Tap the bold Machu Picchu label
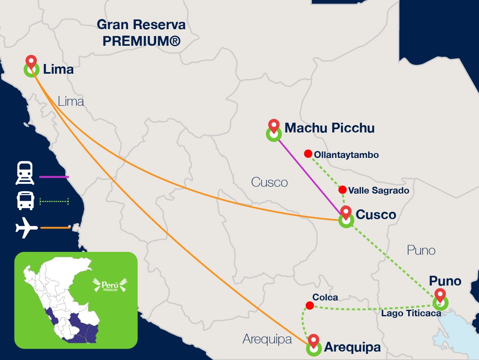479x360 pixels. point(329,128)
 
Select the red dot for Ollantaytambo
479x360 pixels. point(308,153)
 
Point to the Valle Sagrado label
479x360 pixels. point(379,190)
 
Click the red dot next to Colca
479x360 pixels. point(309,305)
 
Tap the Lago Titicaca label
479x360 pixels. point(411,313)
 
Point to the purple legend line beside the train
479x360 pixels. point(54,177)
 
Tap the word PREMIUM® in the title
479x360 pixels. point(141,41)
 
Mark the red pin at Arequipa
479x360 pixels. point(314,340)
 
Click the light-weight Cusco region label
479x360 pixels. point(269,182)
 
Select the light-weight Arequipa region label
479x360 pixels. point(267,339)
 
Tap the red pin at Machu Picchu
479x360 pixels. point(274,125)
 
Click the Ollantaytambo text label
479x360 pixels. point(346,155)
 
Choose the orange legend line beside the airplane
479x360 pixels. point(55,228)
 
